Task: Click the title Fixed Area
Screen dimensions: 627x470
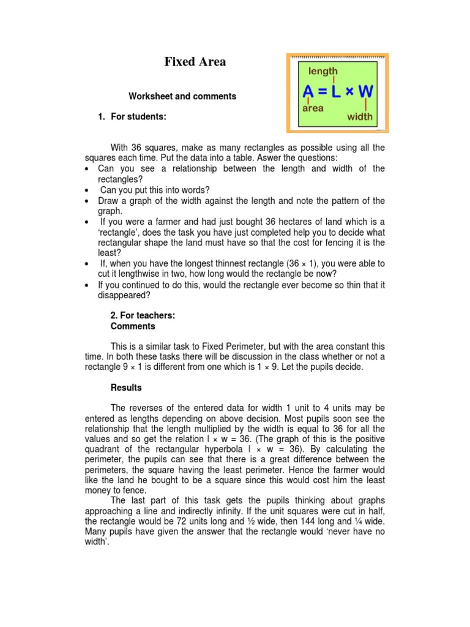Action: click(195, 62)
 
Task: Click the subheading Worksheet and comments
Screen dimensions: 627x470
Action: click(182, 96)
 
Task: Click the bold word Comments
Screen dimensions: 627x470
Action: click(133, 326)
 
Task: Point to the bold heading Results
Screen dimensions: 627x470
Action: click(126, 388)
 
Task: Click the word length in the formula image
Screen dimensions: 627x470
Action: click(323, 71)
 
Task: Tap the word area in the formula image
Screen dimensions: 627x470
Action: click(313, 108)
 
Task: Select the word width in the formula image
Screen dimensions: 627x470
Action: click(360, 116)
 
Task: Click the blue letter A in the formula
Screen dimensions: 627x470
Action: click(309, 91)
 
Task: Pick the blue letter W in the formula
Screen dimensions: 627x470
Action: click(365, 91)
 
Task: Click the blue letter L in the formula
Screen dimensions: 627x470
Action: click(335, 91)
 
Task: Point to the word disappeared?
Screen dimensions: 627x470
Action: click(122, 296)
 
